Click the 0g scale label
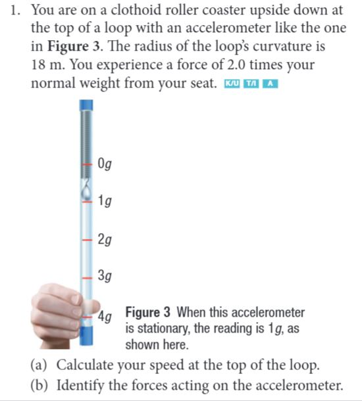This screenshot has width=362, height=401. [x=105, y=164]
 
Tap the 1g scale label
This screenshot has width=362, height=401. [x=105, y=201]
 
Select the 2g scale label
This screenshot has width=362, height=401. [x=105, y=238]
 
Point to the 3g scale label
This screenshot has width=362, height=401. [x=105, y=277]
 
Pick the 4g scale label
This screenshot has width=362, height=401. [x=105, y=314]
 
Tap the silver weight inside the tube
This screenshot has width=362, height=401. [x=85, y=191]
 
